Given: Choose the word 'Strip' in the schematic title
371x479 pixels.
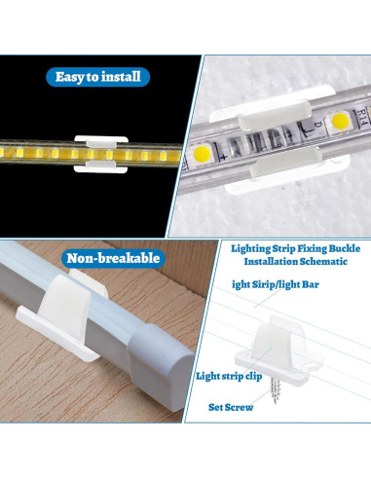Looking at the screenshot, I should pyautogui.click(x=282, y=248).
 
